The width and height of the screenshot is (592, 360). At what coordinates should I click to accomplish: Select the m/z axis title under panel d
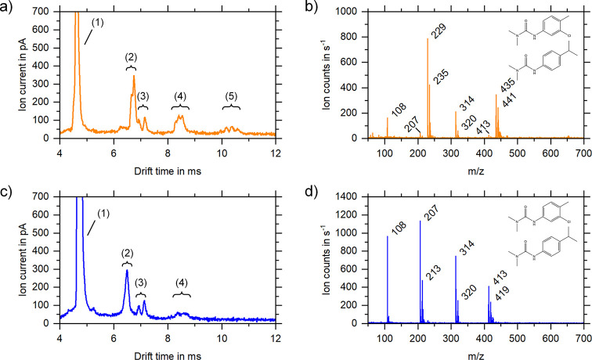click(466, 352)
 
